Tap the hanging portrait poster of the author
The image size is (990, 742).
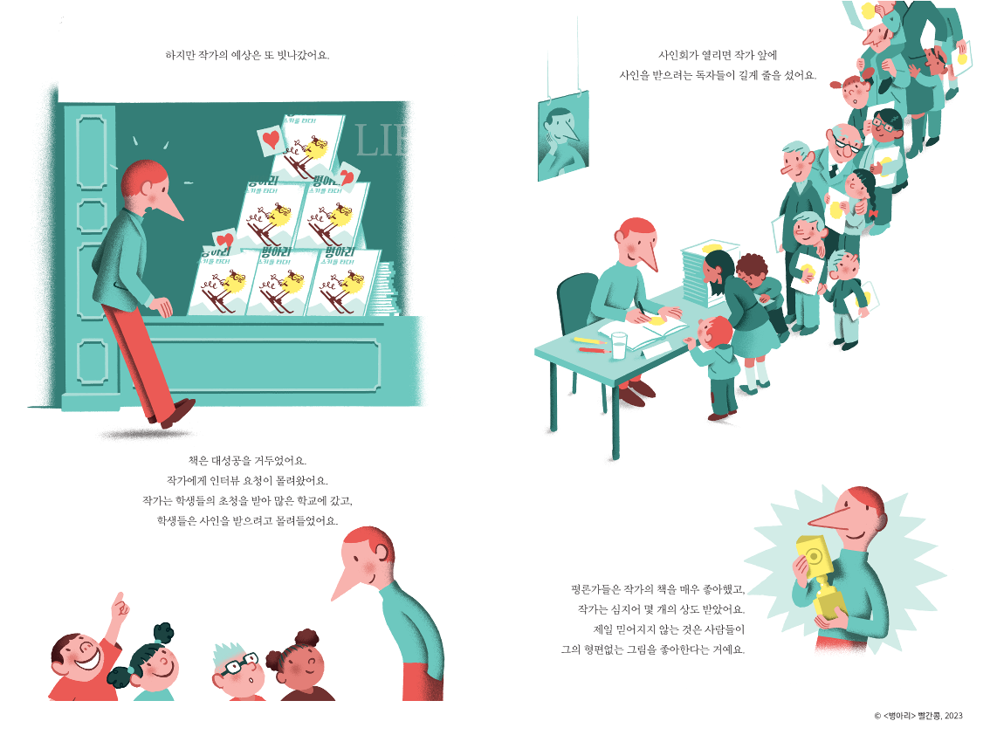562,136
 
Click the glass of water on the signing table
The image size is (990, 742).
619,346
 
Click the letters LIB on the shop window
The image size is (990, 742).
382,141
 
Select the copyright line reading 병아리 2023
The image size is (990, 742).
918,716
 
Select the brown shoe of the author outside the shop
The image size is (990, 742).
179,411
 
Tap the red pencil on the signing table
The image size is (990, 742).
595,349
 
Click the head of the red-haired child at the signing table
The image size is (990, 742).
714,333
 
